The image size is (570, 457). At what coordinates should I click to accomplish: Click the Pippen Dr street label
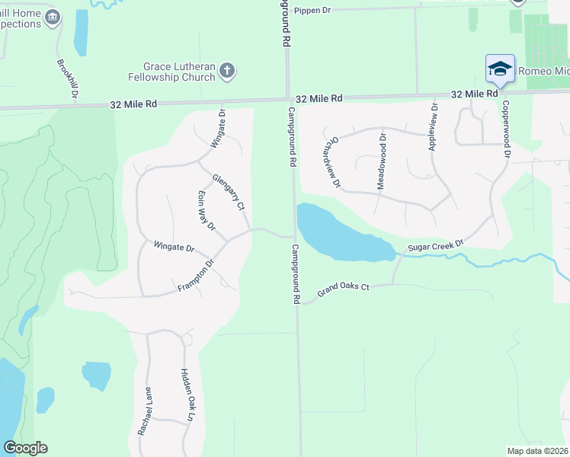point(313,11)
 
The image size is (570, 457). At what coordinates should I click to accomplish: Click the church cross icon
point(226,72)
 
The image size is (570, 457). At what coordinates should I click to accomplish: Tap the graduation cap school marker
point(500,69)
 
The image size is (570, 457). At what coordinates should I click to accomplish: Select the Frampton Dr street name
point(196,276)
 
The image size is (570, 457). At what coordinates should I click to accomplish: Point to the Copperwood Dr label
point(505,131)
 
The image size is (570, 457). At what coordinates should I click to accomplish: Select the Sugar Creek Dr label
point(435,245)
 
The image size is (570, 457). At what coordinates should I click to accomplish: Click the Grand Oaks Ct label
point(343,289)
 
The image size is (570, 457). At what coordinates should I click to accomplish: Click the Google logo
point(25,448)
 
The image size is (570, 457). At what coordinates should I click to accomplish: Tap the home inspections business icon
point(53,17)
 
